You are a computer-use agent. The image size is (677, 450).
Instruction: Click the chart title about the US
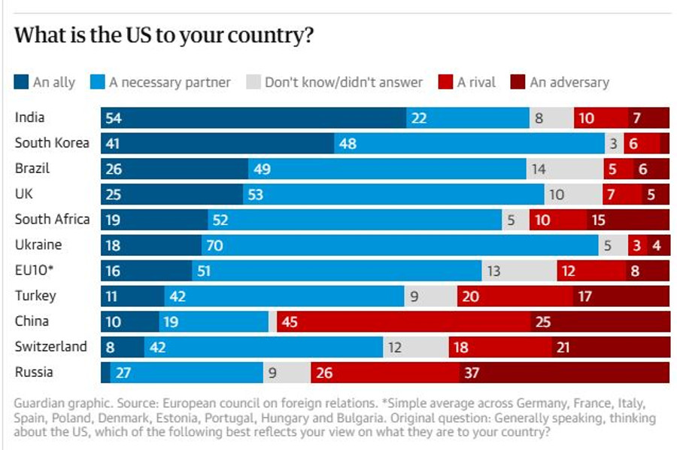point(163,36)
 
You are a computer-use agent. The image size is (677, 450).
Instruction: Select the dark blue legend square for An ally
point(21,82)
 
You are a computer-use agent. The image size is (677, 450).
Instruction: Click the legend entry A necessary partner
point(169,82)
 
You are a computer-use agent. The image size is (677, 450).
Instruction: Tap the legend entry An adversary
point(569,82)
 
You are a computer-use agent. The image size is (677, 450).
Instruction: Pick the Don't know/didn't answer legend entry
point(343,82)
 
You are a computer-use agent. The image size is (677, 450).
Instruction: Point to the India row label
point(30,117)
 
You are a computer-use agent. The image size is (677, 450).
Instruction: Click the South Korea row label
point(52,143)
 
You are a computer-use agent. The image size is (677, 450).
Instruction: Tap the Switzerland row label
point(51,347)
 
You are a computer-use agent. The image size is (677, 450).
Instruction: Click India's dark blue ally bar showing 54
point(253,117)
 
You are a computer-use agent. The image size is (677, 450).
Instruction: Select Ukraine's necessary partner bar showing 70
point(399,245)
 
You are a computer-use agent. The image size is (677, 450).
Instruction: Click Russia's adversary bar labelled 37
point(564,372)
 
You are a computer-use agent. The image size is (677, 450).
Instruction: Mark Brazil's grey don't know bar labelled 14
point(564,169)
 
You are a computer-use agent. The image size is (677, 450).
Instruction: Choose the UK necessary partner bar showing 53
point(393,194)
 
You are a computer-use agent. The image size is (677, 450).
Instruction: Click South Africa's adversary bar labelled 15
point(628,220)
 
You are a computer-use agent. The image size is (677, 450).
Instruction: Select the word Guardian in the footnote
point(40,404)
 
